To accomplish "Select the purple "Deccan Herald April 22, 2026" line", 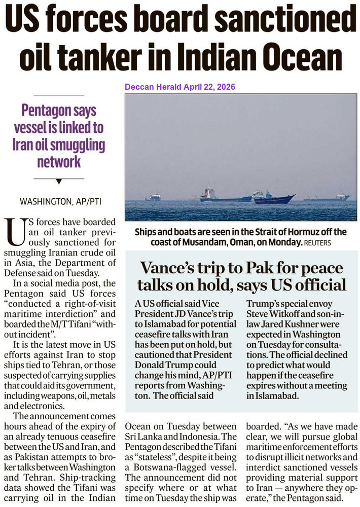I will (180, 87).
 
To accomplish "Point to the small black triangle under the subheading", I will (59, 180).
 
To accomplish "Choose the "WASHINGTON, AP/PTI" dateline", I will (59, 201).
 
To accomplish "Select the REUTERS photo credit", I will (317, 243).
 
